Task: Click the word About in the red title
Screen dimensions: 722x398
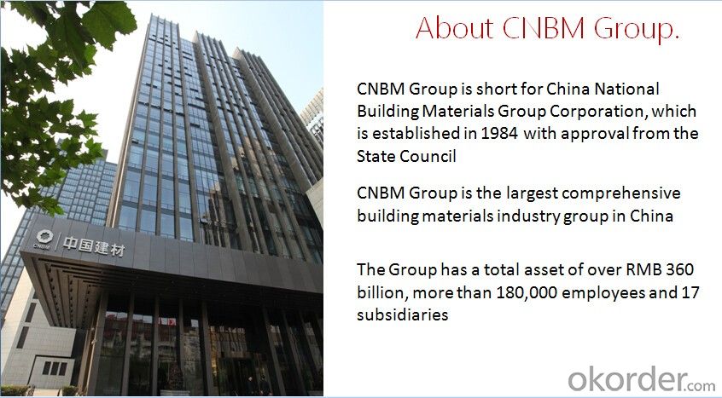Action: coord(454,28)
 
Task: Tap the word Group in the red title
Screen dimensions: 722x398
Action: coord(637,30)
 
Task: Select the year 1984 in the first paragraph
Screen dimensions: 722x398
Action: coord(499,133)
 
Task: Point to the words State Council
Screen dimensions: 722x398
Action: coord(406,156)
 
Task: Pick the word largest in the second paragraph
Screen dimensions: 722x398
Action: coord(532,193)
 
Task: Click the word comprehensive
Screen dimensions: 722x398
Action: coord(620,193)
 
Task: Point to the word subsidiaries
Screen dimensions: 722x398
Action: coord(403,314)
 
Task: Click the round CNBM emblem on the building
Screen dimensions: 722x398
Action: coord(44,237)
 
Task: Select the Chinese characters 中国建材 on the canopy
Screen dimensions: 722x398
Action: coord(93,246)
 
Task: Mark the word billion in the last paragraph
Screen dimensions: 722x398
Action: coord(382,292)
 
